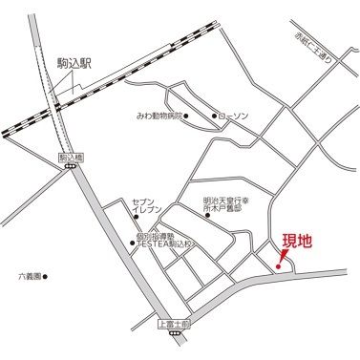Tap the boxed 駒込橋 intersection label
(x=68, y=155)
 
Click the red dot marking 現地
(x=278, y=265)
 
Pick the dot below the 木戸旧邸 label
(x=209, y=216)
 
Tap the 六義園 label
(x=32, y=277)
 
